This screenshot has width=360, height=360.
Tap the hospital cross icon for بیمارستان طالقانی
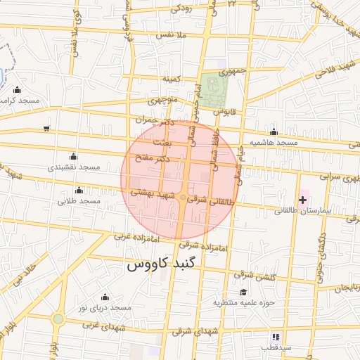(303, 200)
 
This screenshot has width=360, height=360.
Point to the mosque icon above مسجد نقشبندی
(73, 156)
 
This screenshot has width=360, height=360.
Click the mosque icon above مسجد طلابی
(79, 190)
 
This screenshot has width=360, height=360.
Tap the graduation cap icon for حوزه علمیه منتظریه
(243, 292)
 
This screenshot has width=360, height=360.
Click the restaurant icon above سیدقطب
(275, 337)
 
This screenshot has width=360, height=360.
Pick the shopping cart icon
(46, 128)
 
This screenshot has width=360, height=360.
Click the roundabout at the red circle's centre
(182, 198)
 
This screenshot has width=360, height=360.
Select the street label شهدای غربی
(103, 326)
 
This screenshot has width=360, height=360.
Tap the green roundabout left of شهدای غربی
(58, 319)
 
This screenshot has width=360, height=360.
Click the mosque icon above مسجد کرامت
(18, 90)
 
